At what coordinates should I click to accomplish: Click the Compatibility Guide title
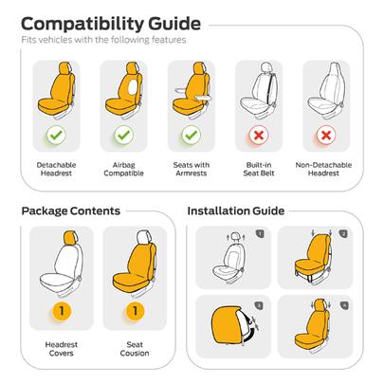tap(111, 25)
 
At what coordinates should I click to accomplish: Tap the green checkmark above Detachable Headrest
tap(56, 135)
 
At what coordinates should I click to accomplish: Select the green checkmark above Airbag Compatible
tap(123, 135)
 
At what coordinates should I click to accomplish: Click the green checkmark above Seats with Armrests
tap(192, 135)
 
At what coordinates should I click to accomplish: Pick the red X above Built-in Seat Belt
tap(259, 136)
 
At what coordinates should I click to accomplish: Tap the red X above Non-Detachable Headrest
tap(326, 136)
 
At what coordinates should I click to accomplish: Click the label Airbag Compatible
tap(124, 169)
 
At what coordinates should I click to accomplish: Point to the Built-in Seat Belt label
tap(259, 169)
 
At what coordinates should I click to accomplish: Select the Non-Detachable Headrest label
tap(323, 169)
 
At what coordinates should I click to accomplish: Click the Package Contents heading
tap(71, 210)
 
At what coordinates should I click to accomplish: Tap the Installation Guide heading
tap(236, 210)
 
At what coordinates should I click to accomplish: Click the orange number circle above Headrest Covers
tap(62, 311)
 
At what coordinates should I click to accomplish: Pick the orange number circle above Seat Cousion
tap(135, 311)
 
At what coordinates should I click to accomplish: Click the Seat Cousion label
tap(135, 349)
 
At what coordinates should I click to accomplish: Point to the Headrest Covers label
tap(62, 349)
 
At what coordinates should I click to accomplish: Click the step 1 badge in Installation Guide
tap(260, 234)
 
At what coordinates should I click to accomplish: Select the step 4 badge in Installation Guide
tap(344, 305)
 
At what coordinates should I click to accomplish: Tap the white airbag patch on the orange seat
tap(134, 87)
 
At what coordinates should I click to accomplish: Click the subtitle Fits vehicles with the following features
tap(103, 40)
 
